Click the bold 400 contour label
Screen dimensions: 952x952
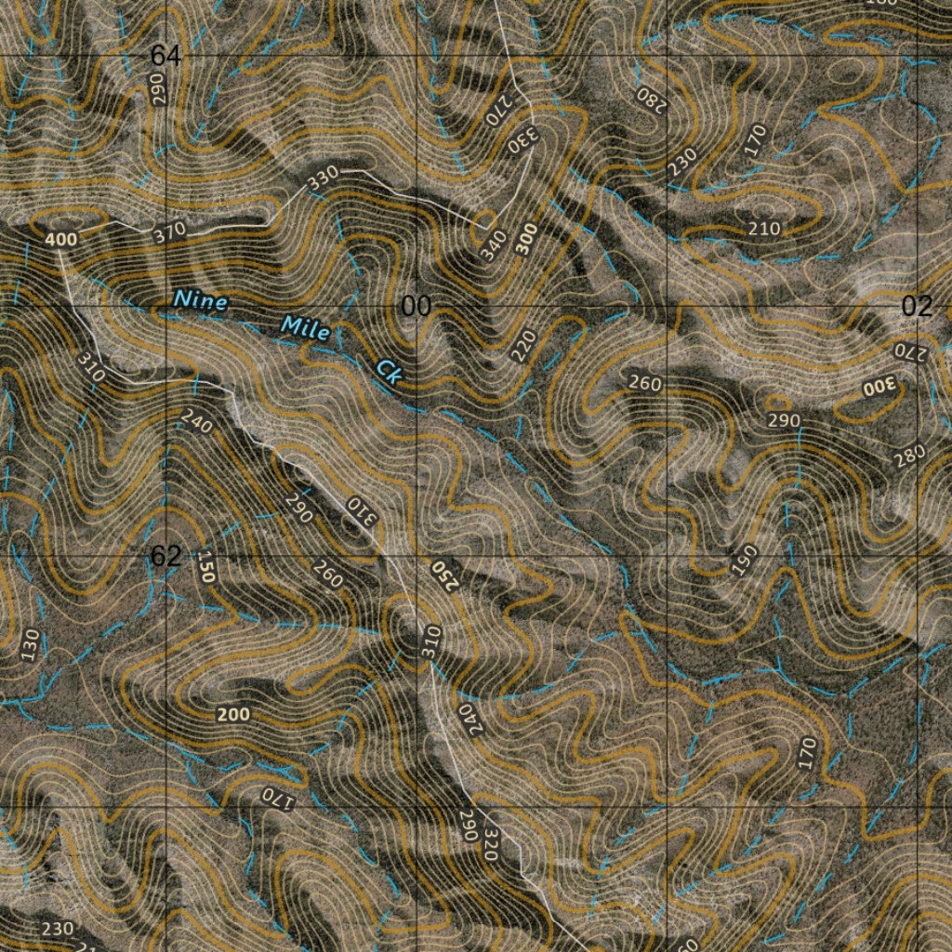pos(60,240)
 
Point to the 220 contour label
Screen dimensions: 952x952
pos(524,347)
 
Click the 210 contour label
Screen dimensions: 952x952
pos(764,229)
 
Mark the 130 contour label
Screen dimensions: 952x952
pos(31,644)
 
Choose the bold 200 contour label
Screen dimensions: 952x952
pos(232,714)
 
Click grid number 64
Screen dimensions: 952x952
pos(165,57)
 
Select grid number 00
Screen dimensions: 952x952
pos(416,307)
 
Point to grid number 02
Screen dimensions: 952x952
pos(917,307)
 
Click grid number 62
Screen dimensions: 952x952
pos(165,556)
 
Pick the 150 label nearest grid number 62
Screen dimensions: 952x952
pos(205,566)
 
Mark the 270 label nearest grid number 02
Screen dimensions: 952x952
pos(910,350)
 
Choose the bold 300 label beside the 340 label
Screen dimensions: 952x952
pos(527,239)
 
